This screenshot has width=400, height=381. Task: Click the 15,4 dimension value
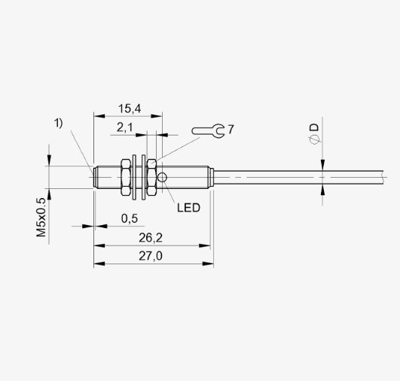pos(130,108)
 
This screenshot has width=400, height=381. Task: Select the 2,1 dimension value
pos(125,127)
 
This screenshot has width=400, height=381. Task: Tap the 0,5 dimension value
pos(130,218)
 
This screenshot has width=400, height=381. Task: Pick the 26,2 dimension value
pos(151,238)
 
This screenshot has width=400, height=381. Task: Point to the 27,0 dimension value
pos(151,256)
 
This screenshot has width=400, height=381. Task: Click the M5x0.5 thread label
pos(41,218)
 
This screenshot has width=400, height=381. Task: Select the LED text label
pos(189,208)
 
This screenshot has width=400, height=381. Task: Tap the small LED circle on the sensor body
pos(162,177)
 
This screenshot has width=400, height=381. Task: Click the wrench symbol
pos(208,131)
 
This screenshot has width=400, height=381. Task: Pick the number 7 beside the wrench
pos(231,130)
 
